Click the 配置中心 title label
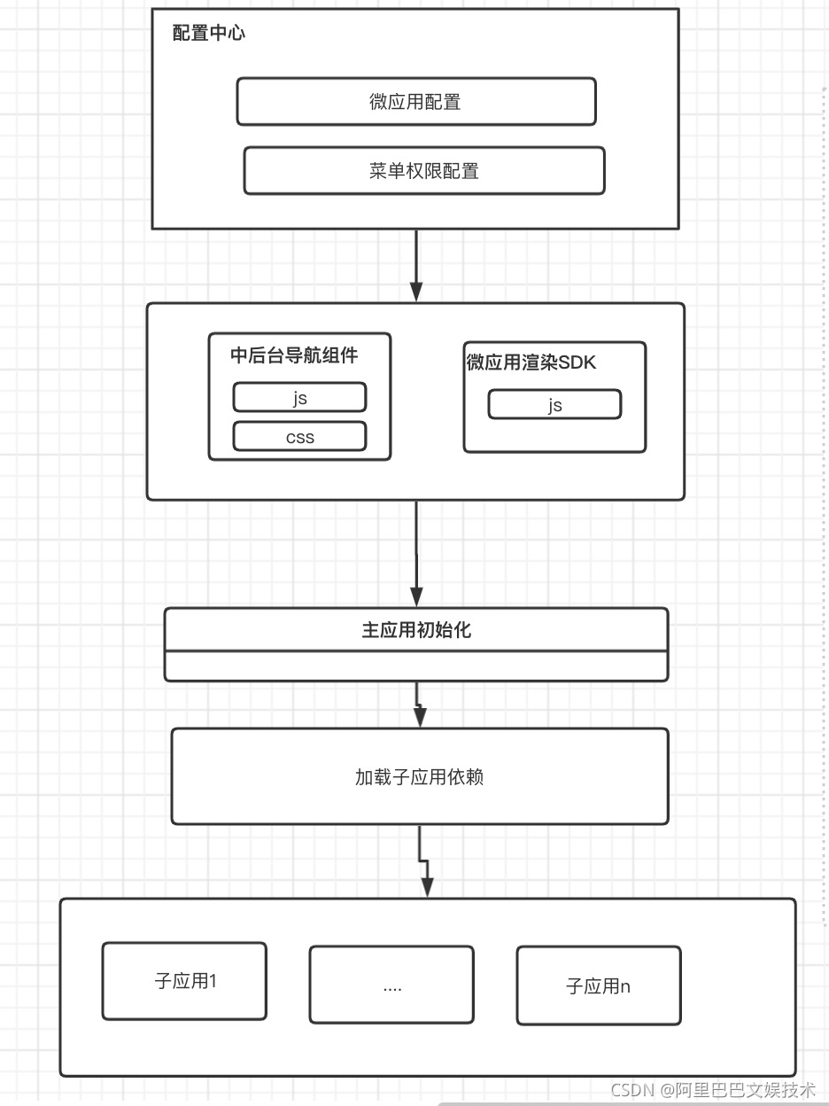[x=208, y=34]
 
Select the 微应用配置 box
[x=415, y=102]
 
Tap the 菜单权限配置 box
[x=423, y=171]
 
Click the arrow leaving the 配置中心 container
[x=416, y=266]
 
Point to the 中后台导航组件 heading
[x=294, y=355]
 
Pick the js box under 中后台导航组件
[x=299, y=398]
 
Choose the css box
[x=299, y=437]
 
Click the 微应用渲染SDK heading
[x=531, y=362]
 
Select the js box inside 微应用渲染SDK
[x=554, y=405]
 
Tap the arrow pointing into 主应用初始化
[x=416, y=554]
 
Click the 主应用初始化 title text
[x=416, y=630]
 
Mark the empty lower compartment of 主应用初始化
[x=416, y=666]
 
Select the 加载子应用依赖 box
[x=419, y=777]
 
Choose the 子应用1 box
[x=184, y=981]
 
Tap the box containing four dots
[x=391, y=985]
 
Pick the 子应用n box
[x=599, y=986]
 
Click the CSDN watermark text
[x=632, y=1090]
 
